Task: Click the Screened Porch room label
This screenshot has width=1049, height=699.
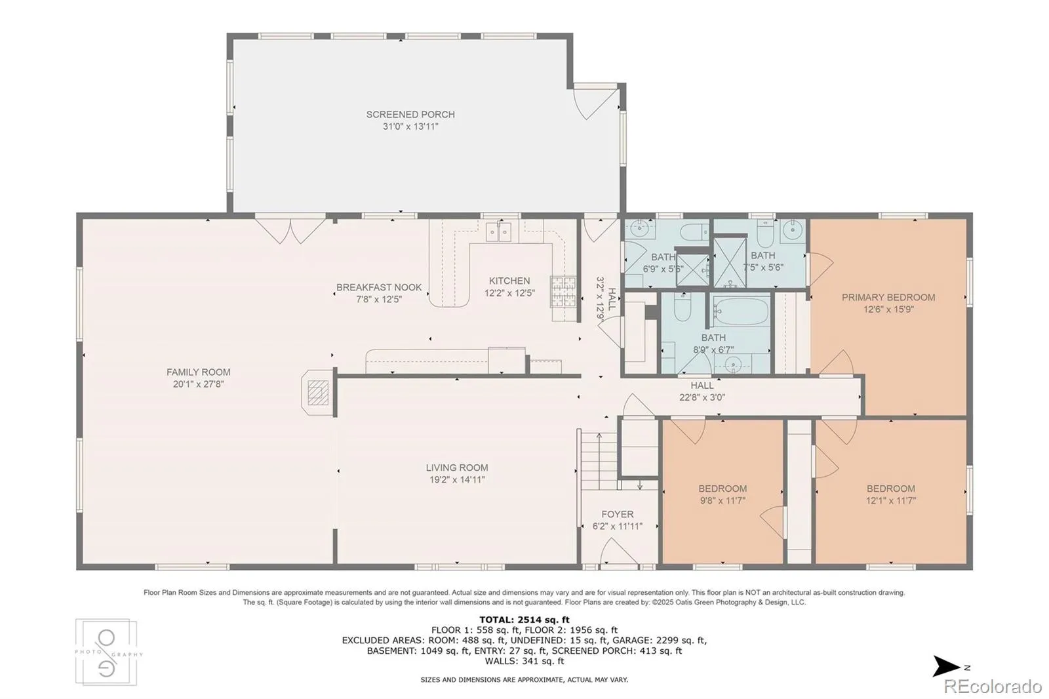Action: [410, 114]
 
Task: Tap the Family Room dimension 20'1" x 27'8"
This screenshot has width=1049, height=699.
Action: [198, 384]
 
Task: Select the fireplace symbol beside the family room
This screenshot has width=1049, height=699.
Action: [318, 393]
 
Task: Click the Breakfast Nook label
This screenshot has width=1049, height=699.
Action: [379, 287]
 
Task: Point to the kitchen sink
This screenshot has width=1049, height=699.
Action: [498, 232]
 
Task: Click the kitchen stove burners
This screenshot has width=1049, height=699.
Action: [563, 292]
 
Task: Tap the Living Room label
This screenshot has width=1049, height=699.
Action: [456, 468]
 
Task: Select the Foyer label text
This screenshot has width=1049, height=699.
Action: [617, 514]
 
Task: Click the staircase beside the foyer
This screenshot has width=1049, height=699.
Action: [599, 461]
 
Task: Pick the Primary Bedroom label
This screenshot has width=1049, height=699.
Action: [888, 298]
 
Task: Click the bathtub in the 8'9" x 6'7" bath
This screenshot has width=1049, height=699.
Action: [740, 311]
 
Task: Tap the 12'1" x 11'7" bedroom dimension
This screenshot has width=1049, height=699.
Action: [891, 500]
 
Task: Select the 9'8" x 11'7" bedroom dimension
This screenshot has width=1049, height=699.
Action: [722, 500]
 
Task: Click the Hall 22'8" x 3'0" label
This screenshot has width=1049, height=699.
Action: [702, 391]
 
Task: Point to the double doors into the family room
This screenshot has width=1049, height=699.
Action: [290, 230]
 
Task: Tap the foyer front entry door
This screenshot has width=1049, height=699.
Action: [619, 551]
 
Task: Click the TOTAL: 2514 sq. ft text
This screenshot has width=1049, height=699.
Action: [524, 620]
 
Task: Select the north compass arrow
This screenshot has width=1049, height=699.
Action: [947, 666]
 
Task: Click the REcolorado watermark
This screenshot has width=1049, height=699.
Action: [993, 687]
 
